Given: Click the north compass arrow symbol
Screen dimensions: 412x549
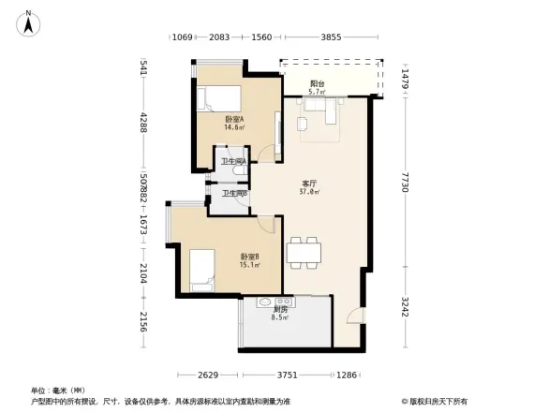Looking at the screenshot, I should [29, 22].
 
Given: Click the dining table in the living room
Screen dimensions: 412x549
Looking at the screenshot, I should [304, 250].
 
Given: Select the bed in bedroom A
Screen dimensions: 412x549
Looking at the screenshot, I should [217, 97].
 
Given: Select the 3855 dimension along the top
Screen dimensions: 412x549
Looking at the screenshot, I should [330, 37].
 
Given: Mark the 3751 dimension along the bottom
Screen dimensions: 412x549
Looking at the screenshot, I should [288, 375].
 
